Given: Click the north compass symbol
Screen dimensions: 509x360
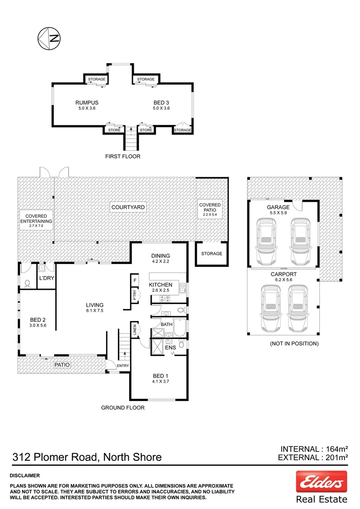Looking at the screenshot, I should coord(49,38).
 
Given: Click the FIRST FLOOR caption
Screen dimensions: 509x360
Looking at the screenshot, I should coord(123,156).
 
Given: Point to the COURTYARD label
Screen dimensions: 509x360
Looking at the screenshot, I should coord(128,207).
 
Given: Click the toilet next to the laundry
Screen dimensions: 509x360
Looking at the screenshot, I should coord(27,283).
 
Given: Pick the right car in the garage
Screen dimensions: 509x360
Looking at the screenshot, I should coord(301,240).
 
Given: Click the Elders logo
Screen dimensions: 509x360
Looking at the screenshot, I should coord(321,482).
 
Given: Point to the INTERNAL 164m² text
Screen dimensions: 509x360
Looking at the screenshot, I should coord(314,449).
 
